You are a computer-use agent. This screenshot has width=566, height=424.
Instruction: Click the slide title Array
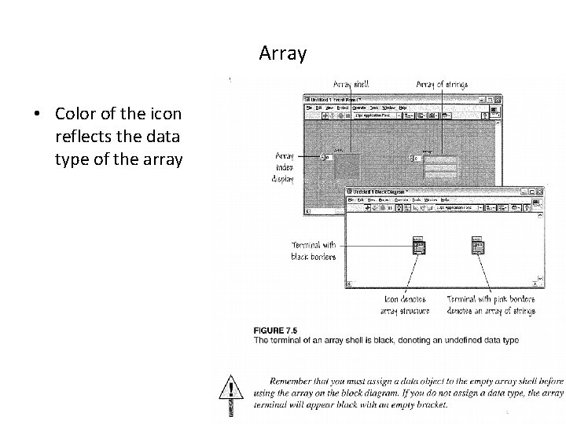283,54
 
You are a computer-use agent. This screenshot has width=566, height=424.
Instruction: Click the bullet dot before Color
38,114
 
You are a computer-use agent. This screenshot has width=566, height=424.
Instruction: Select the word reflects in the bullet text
81,137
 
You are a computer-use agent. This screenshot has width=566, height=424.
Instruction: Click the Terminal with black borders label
313,250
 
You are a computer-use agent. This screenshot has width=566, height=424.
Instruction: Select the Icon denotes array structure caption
406,305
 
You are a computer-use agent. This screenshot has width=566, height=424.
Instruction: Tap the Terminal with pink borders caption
491,305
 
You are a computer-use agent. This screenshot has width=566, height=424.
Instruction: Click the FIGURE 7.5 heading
277,331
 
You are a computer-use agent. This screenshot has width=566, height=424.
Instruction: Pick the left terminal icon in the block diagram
419,246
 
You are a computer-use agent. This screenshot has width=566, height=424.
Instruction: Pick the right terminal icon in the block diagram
478,246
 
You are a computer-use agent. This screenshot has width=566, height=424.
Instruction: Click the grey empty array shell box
347,166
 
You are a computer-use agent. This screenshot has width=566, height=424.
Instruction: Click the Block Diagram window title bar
424,192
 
